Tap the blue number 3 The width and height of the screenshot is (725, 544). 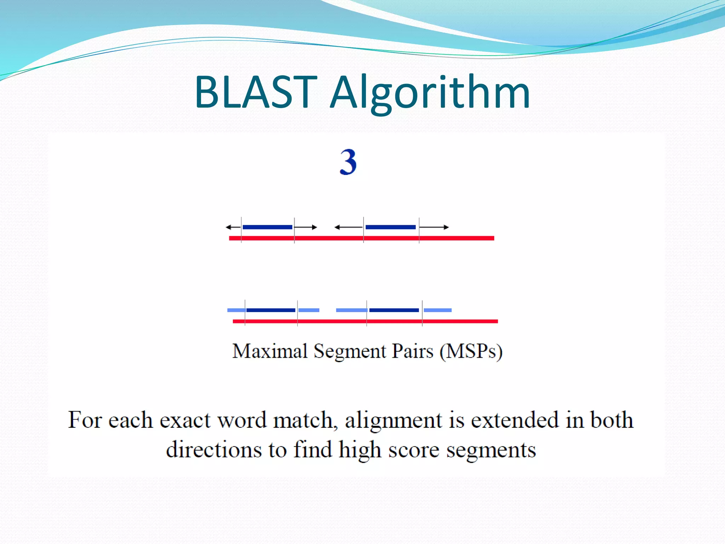tap(348, 162)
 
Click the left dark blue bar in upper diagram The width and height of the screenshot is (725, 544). tap(268, 227)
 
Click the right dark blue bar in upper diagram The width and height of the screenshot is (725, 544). tap(390, 227)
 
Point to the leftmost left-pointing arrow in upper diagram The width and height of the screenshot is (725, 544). tap(233, 227)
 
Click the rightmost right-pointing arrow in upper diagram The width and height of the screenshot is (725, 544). tap(434, 227)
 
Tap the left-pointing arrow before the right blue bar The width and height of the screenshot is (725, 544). tap(349, 227)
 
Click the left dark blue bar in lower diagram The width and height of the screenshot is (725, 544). tap(271, 310)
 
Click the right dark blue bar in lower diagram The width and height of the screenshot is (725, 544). tap(394, 310)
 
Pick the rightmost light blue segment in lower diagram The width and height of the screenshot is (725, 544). tap(438, 310)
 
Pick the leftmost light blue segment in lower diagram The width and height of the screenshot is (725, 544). tap(236, 310)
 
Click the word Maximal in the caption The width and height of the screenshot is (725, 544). tap(270, 351)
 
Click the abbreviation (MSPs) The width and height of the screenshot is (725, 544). tap(471, 352)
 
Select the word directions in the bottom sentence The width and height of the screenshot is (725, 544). tap(214, 450)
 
